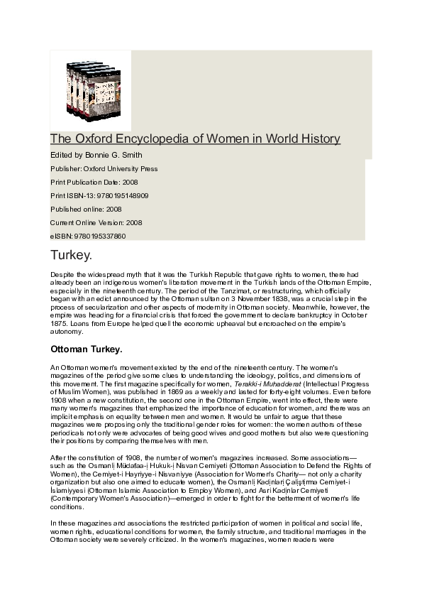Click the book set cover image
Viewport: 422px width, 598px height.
coord(90,89)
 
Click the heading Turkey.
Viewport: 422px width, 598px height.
coord(71,254)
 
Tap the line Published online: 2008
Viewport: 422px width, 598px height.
coord(86,209)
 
